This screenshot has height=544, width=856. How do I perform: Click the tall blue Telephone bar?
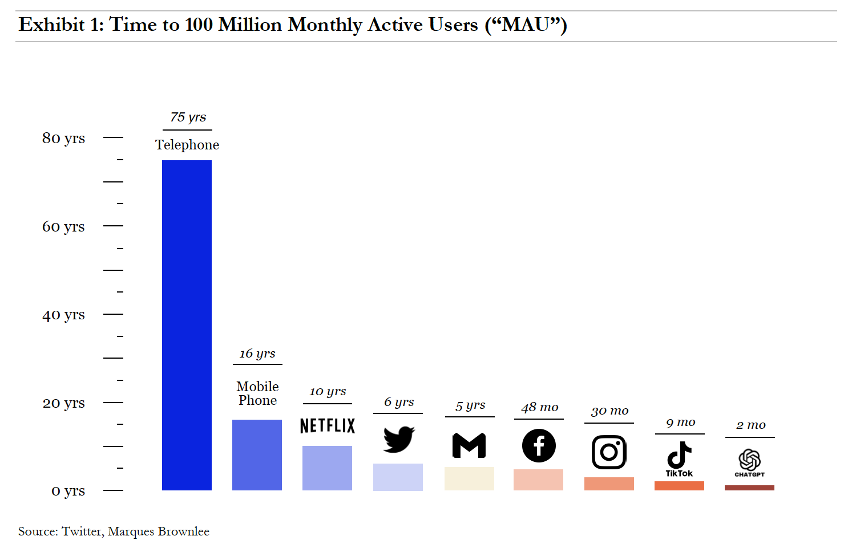pyautogui.click(x=187, y=325)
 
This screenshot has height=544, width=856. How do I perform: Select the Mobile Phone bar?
pyautogui.click(x=257, y=454)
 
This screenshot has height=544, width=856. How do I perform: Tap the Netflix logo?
pyautogui.click(x=327, y=425)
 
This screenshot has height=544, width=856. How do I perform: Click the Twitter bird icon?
pyautogui.click(x=398, y=439)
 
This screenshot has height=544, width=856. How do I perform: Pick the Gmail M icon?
pyautogui.click(x=469, y=446)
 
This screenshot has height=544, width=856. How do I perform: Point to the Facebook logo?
pyautogui.click(x=539, y=445)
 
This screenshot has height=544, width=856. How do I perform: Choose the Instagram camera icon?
pyautogui.click(x=609, y=452)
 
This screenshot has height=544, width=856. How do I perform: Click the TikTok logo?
pyautogui.click(x=679, y=458)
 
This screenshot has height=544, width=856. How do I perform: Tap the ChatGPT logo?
pyautogui.click(x=749, y=462)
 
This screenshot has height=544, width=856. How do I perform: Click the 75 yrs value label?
pyautogui.click(x=188, y=117)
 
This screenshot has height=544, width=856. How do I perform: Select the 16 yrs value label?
pyautogui.click(x=257, y=354)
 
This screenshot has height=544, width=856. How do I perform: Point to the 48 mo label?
pyautogui.click(x=539, y=407)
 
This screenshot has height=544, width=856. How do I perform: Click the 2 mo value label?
pyautogui.click(x=750, y=425)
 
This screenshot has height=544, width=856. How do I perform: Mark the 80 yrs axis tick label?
pyautogui.click(x=63, y=138)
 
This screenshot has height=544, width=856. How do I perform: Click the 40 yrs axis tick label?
pyautogui.click(x=63, y=315)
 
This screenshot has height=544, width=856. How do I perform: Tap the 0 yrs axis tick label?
pyautogui.click(x=68, y=491)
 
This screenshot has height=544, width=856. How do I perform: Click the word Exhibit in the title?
pyautogui.click(x=52, y=25)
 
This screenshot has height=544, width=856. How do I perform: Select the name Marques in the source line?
pyautogui.click(x=131, y=531)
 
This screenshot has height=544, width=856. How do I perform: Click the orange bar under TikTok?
pyautogui.click(x=679, y=486)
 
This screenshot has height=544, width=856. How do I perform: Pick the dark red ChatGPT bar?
pyautogui.click(x=749, y=488)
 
